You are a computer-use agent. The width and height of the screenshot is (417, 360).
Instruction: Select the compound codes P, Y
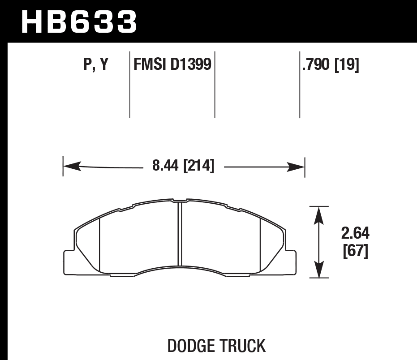coord(96,65)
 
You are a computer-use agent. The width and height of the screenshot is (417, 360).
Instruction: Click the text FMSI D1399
coord(172,65)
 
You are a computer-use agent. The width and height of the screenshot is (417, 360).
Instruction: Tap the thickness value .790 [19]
coord(331,65)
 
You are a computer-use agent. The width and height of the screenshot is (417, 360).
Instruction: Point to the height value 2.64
coord(355,234)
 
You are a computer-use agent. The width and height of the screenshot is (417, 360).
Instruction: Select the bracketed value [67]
coord(355,252)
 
